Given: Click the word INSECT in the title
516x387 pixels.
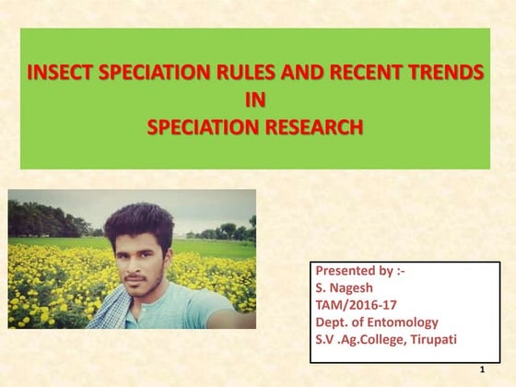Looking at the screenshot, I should [x=60, y=74].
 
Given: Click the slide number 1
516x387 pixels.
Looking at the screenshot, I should [x=482, y=369].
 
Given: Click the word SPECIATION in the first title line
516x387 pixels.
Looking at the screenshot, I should [x=147, y=74].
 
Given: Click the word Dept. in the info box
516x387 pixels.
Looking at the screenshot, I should [x=334, y=322].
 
